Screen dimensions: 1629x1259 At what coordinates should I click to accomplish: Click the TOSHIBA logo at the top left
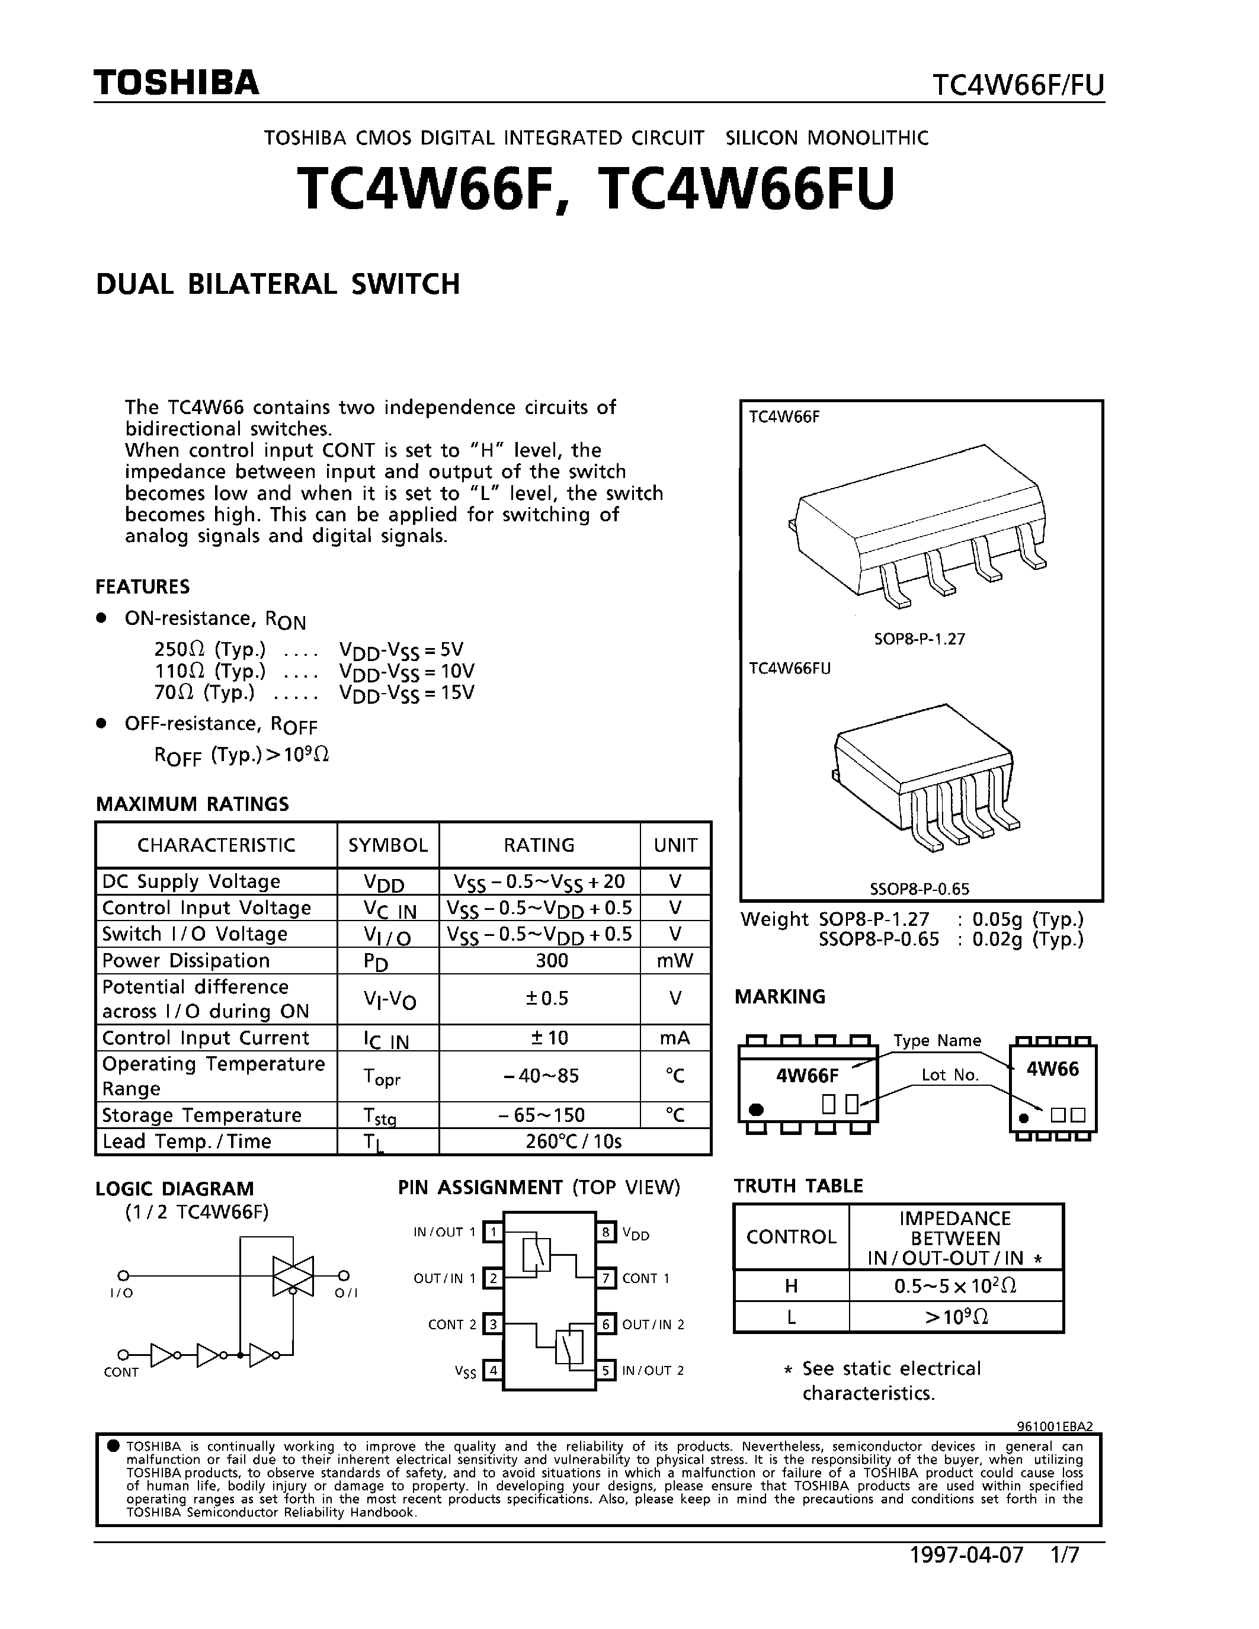[176, 82]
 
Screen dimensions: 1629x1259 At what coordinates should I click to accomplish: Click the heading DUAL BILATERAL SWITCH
[277, 284]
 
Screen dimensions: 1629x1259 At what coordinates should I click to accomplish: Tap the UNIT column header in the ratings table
[675, 845]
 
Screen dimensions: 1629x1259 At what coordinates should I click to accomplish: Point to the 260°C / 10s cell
[573, 1141]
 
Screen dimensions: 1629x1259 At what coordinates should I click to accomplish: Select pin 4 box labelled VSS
[492, 1370]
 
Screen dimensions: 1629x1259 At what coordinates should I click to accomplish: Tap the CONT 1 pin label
[646, 1278]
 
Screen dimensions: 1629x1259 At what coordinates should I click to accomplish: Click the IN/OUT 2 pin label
[653, 1370]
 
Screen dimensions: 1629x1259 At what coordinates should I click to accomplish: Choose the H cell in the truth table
[792, 1286]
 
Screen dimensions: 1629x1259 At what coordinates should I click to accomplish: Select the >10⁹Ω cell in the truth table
[956, 1317]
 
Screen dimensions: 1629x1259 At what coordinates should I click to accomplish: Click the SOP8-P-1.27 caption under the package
[920, 639]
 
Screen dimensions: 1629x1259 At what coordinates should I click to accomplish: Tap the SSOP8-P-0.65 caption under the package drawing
[920, 889]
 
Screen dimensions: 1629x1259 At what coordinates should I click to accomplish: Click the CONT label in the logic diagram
[121, 1373]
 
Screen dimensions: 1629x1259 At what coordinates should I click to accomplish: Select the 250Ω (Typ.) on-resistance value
[210, 649]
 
